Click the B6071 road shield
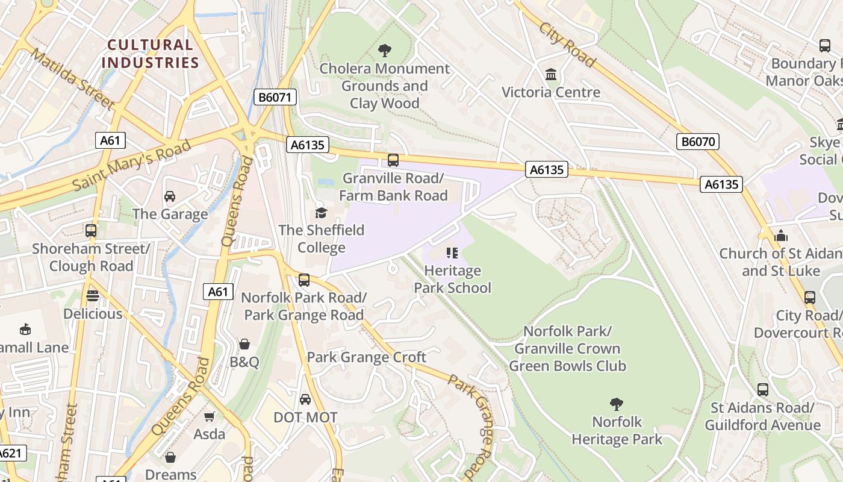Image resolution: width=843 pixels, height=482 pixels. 275,97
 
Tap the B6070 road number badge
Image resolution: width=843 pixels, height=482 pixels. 698,142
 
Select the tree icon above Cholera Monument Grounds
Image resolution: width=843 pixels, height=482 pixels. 384,51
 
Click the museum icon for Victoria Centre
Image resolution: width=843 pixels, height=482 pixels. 550,75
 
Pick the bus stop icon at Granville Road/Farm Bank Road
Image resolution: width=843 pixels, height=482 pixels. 393,160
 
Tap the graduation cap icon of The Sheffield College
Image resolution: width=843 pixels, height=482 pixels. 321,213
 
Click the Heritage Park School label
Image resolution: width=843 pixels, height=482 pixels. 452,279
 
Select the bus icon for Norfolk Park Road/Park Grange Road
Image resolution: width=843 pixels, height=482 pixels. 304,280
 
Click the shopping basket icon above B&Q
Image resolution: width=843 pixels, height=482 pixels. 244,345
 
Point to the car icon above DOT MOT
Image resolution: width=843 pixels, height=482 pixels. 305,399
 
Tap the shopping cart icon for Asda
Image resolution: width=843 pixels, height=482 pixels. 210,417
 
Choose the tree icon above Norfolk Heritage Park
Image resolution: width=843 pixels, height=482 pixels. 616,404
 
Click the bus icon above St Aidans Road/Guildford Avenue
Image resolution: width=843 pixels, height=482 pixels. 762,390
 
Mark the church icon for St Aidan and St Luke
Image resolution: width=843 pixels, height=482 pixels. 781,236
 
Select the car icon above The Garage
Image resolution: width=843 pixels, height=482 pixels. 170,196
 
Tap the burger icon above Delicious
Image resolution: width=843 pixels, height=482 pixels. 92,296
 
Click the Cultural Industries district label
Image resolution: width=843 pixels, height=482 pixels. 150,54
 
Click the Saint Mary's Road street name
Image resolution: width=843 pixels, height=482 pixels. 132,165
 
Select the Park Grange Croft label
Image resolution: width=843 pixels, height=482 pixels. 366,357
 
